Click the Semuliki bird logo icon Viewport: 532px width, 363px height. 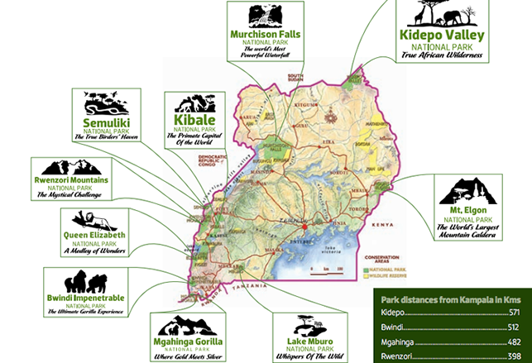(x=112, y=105)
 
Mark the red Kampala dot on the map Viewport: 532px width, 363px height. (x=305, y=225)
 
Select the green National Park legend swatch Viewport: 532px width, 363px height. (x=365, y=271)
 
